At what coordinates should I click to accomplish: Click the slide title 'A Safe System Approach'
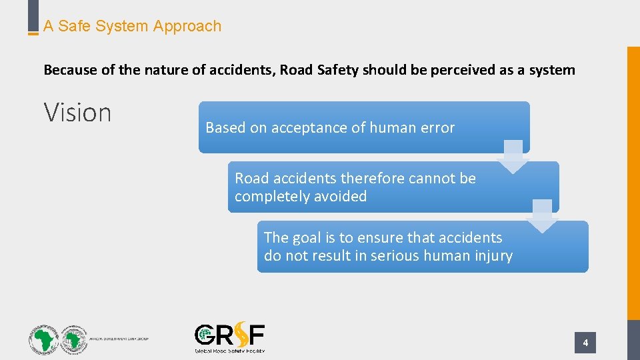pos(132,27)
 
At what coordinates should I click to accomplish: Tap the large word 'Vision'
pos(77,113)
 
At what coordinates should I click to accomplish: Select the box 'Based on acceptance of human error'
pos(363,127)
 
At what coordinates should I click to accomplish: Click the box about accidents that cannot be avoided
pos(393,187)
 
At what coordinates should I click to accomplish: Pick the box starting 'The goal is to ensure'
pos(423,247)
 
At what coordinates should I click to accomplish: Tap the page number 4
pos(585,343)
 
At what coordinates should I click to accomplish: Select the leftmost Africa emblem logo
pos(43,339)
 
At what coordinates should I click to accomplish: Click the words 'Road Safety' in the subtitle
pos(319,70)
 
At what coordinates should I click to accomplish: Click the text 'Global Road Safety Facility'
pos(229,350)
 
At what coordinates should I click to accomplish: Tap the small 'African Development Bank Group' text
pos(119,339)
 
